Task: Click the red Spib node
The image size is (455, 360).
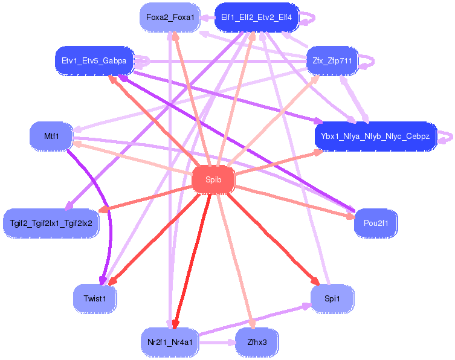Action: pyautogui.click(x=213, y=179)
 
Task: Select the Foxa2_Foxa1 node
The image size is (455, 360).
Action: pyautogui.click(x=170, y=18)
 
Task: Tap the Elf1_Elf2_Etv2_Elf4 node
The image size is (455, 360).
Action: pyautogui.click(x=256, y=18)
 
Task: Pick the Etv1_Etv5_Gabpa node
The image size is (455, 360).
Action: pyautogui.click(x=94, y=61)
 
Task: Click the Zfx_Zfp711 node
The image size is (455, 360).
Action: pyautogui.click(x=332, y=61)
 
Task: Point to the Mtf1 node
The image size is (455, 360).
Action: pyautogui.click(x=51, y=136)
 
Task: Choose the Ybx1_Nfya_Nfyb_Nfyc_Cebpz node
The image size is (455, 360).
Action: pyautogui.click(x=375, y=136)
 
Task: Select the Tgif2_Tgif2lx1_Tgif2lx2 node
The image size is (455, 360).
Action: pyautogui.click(x=51, y=223)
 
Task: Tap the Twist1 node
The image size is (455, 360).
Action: pyautogui.click(x=95, y=298)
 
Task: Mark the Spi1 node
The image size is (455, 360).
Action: pyautogui.click(x=332, y=298)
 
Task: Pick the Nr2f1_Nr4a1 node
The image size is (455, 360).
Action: pyautogui.click(x=170, y=342)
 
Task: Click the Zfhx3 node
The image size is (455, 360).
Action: pyautogui.click(x=257, y=342)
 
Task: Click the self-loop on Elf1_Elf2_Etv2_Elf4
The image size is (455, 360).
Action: pyautogui.click(x=310, y=18)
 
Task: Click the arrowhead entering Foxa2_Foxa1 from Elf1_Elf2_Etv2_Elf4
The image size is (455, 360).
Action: pyautogui.click(x=205, y=18)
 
